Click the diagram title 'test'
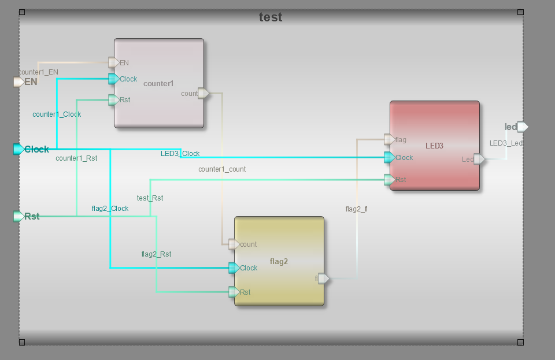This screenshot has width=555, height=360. click(x=271, y=17)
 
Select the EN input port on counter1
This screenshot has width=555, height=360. click(x=113, y=62)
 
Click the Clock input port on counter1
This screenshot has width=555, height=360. click(x=113, y=79)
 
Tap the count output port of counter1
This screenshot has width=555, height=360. click(x=203, y=93)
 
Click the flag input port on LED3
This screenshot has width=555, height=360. click(x=389, y=139)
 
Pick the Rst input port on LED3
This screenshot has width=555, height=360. click(x=389, y=180)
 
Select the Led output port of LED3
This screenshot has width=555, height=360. click(x=479, y=159)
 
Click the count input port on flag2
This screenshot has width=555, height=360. click(x=234, y=244)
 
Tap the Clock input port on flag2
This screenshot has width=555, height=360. click(x=234, y=268)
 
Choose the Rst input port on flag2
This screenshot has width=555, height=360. click(x=234, y=292)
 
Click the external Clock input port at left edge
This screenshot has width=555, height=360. click(x=18, y=149)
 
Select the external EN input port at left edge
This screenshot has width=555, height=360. click(x=18, y=82)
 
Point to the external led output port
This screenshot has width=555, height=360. click(x=522, y=127)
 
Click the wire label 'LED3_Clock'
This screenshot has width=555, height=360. click(x=180, y=154)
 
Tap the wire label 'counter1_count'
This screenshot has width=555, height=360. click(x=222, y=169)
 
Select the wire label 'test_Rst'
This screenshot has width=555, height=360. click(x=150, y=198)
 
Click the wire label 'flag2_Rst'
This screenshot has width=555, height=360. click(x=156, y=254)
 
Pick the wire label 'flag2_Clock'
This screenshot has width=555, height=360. click(x=110, y=209)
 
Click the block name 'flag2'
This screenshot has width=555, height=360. click(x=279, y=261)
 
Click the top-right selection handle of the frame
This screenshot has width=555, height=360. click(x=520, y=12)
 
